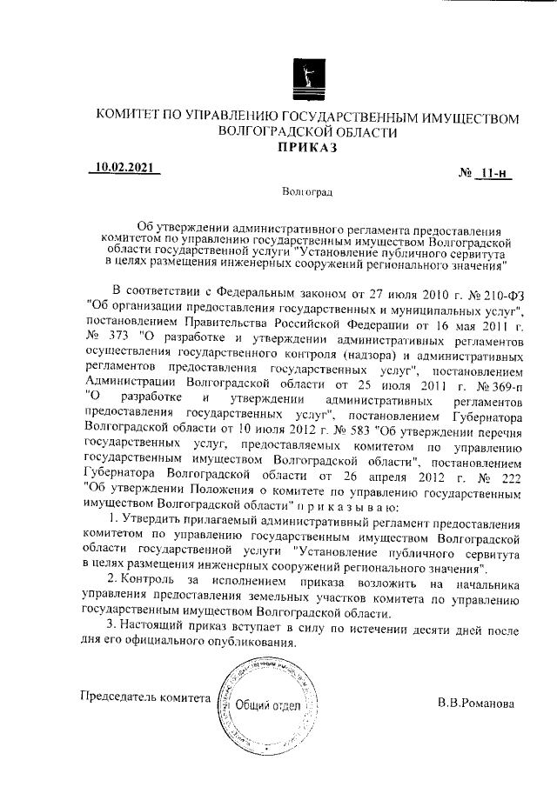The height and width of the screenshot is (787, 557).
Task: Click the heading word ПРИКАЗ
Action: (309, 148)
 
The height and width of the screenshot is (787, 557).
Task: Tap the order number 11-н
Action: (493, 173)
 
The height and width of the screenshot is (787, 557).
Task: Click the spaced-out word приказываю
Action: (346, 507)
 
